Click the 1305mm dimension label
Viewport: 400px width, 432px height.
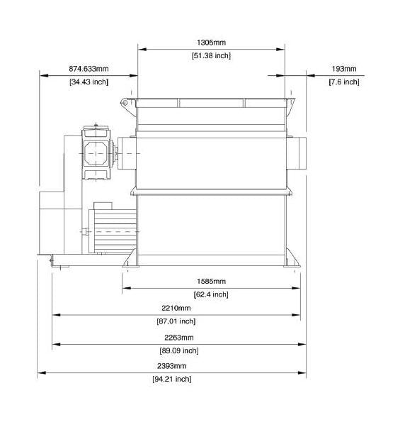211,43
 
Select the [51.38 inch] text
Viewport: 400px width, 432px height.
211,55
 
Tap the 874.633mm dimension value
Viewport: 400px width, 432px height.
88,69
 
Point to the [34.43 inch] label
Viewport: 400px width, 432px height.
88,82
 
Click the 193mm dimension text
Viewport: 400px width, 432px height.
344,69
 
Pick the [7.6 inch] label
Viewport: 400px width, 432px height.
344,82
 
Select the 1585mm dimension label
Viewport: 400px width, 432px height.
211,282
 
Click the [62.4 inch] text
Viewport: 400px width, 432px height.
211,294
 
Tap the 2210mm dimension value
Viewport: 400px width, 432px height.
176,308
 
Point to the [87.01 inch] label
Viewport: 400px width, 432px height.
176,321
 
